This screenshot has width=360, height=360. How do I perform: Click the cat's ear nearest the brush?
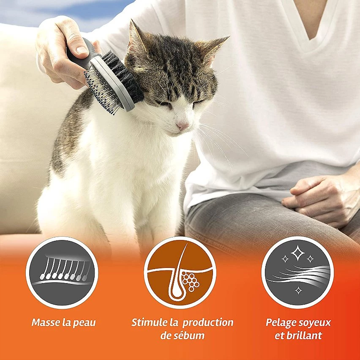point(136,38)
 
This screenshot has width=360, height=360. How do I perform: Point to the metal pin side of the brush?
point(101,92)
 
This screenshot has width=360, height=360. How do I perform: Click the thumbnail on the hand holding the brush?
point(82,49)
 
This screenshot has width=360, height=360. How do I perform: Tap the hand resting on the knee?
point(322,200)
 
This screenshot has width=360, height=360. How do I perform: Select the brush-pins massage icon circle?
point(62,273)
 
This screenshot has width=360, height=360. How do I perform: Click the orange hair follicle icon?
point(180,273)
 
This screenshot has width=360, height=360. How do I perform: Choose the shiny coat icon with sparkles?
point(298,273)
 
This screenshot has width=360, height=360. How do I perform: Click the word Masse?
point(46,322)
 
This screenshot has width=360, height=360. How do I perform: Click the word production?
point(208,323)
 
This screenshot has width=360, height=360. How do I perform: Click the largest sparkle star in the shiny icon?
point(298,253)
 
